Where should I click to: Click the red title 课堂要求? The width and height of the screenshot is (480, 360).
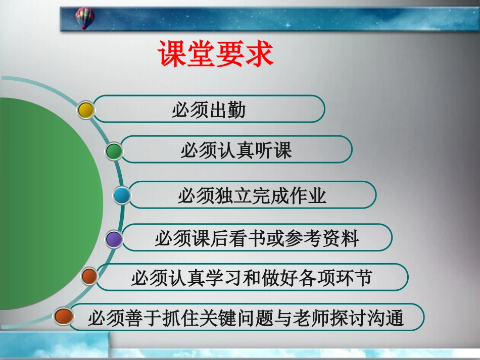[216, 54]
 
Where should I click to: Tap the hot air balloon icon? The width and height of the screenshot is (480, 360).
[85, 18]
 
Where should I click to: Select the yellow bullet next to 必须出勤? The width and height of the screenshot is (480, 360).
[86, 110]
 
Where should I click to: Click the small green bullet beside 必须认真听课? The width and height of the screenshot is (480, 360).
[114, 151]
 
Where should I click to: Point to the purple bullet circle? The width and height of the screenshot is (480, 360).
[114, 239]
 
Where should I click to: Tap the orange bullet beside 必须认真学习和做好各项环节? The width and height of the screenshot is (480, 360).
[89, 277]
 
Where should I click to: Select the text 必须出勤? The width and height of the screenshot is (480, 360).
[209, 110]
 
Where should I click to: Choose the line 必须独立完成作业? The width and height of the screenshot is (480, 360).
[252, 195]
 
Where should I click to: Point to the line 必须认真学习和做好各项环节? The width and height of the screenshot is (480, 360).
[251, 278]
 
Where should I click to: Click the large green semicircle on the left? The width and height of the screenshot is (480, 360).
[45, 202]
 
